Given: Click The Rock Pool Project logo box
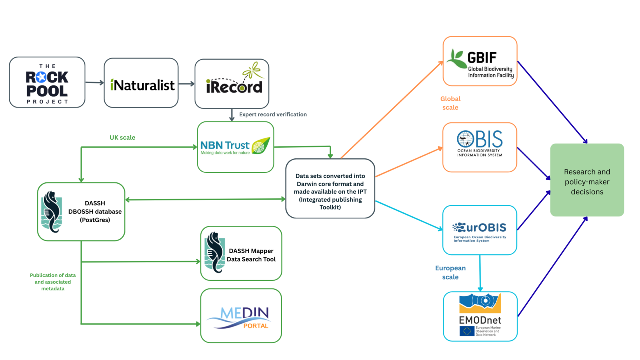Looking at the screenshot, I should (47, 82).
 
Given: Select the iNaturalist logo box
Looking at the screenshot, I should (141, 83).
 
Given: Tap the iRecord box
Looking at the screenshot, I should (232, 84).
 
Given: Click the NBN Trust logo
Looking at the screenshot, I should (236, 147).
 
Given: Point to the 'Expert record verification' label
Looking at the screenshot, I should (273, 114).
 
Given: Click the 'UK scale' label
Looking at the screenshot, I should (122, 138).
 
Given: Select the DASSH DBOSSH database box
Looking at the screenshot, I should (81, 212).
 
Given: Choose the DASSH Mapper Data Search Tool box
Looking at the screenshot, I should (241, 254).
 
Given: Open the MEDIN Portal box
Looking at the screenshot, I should (241, 316).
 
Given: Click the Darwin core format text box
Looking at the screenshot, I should (330, 189).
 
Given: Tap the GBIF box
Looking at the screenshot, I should (480, 61).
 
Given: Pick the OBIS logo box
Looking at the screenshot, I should (480, 148).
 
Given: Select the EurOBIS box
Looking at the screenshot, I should (480, 230).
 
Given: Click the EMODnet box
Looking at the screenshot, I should (480, 316).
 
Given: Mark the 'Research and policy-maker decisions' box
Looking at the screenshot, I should (587, 180).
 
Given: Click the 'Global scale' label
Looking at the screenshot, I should (450, 103).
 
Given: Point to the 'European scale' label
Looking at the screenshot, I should (450, 272).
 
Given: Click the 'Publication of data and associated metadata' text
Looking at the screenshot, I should (53, 282).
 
